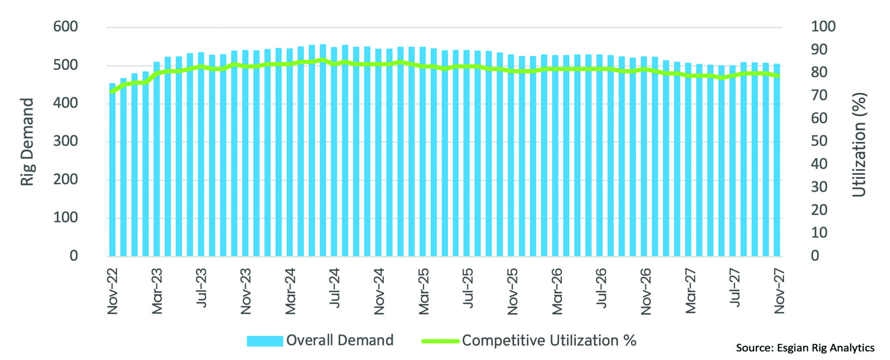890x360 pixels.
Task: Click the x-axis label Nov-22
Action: point(113,291)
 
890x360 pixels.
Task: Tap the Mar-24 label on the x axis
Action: point(290,291)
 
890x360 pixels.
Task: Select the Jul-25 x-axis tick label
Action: point(468,288)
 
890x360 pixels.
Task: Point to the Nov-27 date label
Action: point(779,291)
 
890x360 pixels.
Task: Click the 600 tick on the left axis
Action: point(65,27)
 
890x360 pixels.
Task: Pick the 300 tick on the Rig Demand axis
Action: point(65,141)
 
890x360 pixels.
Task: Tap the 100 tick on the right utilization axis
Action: point(823,27)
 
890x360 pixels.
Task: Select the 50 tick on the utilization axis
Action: point(819,141)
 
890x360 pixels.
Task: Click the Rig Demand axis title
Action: point(27,142)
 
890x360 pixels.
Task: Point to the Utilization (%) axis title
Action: point(859,144)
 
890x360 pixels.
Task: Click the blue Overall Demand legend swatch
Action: point(265,341)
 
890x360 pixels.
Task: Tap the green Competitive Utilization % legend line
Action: point(440,341)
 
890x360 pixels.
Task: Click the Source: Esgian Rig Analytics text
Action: point(805,348)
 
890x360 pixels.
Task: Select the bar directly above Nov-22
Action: point(113,170)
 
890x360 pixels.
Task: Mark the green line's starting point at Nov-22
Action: point(113,92)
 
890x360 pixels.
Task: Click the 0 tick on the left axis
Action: point(74,256)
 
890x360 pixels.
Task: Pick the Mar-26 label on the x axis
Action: point(557,291)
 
